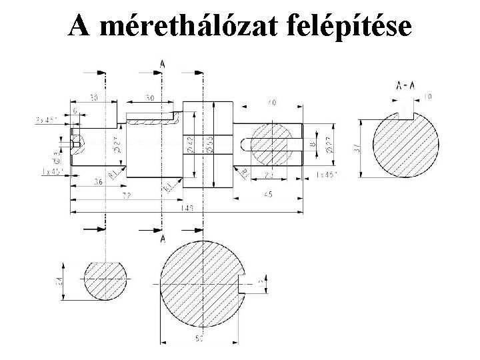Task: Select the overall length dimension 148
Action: pos(187,208)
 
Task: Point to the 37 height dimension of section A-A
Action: pos(356,148)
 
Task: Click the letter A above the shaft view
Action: pos(162,64)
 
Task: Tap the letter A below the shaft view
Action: pos(162,238)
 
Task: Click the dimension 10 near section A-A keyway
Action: pos(427,97)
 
